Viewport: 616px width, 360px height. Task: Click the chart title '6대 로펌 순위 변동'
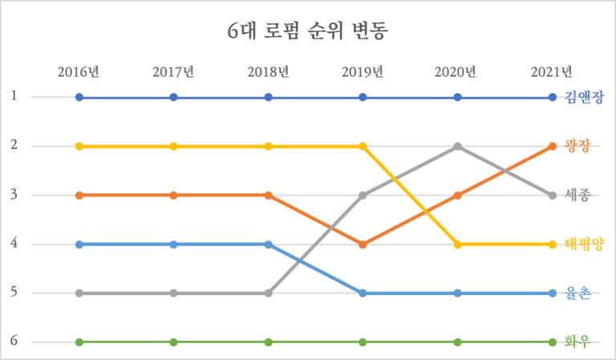tap(307, 32)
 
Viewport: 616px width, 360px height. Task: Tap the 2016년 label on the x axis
tap(79, 72)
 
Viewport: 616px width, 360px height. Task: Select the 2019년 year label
tap(363, 72)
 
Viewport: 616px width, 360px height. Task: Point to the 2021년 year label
tap(552, 72)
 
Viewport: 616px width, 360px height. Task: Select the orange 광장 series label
tap(577, 147)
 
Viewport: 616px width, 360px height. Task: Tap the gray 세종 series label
tap(577, 196)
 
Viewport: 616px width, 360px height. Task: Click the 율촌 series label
tap(577, 293)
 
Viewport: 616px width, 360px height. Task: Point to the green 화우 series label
tap(577, 342)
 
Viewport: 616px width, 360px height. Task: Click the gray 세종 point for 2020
tap(457, 147)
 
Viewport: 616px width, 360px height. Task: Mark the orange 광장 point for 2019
tap(363, 244)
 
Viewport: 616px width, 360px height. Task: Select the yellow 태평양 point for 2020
tap(457, 244)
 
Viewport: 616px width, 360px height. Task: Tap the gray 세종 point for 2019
tap(363, 195)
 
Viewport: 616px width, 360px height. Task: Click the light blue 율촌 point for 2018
tap(268, 244)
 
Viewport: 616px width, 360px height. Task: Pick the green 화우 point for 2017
tap(173, 342)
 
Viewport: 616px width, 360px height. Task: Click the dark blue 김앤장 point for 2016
tap(79, 98)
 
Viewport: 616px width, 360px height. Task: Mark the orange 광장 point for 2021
tap(552, 147)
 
